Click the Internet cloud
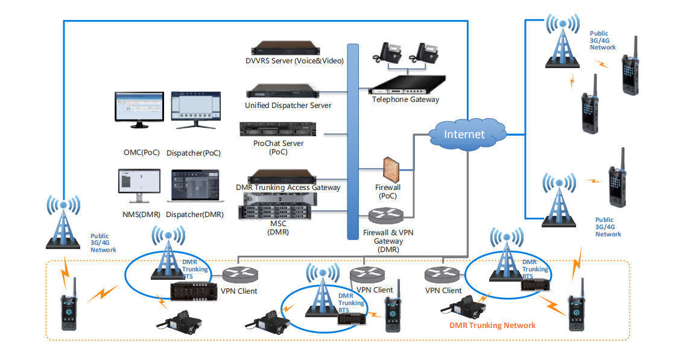466,134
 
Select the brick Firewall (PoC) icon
391,169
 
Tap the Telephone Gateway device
407,84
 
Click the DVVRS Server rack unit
285,48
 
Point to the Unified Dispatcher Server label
288,105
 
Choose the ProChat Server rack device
277,129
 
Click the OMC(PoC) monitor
139,110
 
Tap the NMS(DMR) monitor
139,186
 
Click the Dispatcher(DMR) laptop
195,186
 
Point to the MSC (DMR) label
279,227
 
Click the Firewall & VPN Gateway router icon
385,215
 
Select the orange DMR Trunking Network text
492,325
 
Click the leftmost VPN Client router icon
241,274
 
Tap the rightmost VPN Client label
443,291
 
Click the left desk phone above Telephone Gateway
387,52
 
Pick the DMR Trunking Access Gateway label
288,188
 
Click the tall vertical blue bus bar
353,141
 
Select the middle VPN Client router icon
367,274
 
